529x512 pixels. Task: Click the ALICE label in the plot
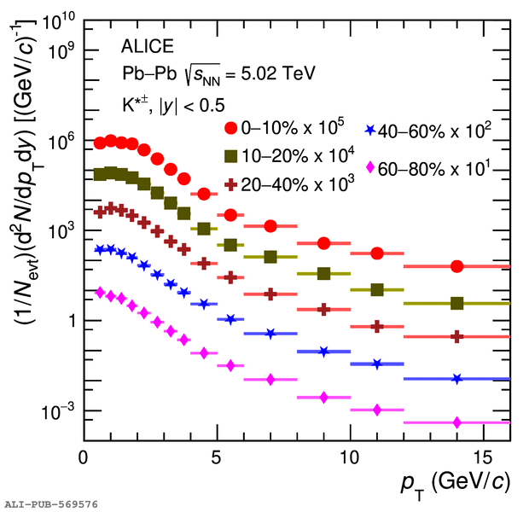(148, 46)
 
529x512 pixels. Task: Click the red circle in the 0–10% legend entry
(230, 128)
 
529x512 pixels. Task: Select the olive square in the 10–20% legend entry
(230, 156)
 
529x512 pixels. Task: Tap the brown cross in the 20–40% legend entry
(230, 184)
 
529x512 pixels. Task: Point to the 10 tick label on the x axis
(350, 456)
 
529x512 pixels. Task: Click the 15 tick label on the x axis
(484, 456)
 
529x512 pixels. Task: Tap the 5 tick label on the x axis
(217, 456)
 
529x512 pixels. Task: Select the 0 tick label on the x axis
(83, 456)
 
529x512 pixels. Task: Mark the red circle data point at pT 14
(457, 266)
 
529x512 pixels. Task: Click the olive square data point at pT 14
(457, 303)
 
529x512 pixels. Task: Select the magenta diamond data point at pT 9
(323, 397)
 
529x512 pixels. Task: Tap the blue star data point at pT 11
(377, 364)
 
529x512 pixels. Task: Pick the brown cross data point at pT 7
(270, 294)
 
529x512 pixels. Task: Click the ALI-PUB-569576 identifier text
(51, 504)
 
